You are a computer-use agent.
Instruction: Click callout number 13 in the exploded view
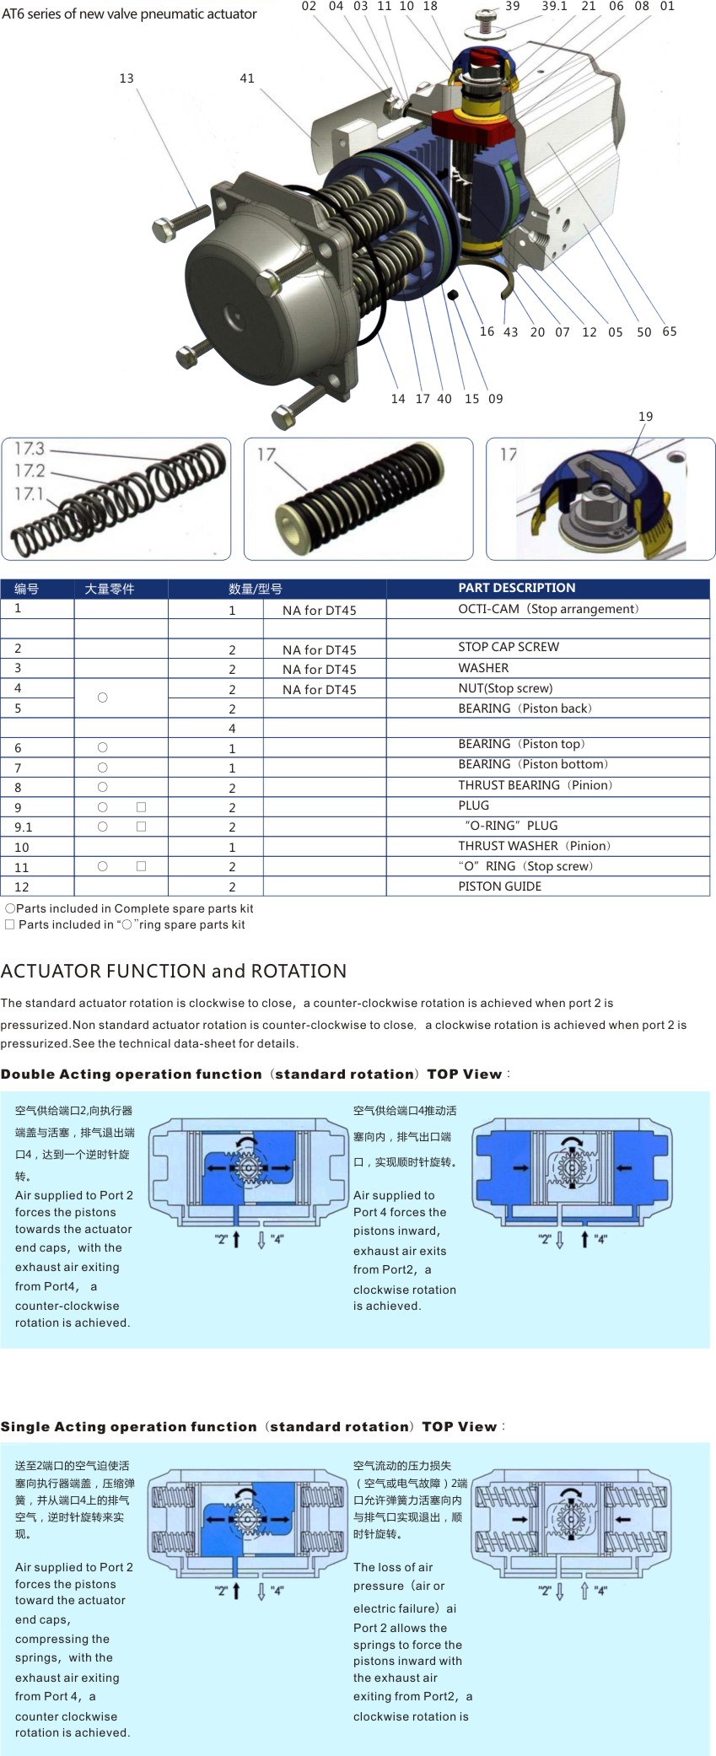point(127,78)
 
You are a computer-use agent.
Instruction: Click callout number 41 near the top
point(247,78)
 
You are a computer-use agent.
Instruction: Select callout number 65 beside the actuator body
point(670,331)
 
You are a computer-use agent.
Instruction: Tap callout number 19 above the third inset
point(645,417)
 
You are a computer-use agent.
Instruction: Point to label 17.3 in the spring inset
point(30,449)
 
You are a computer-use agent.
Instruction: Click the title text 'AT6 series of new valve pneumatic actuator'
point(129,13)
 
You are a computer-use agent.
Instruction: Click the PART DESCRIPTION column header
point(516,588)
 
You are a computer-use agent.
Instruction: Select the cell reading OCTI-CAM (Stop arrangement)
point(548,609)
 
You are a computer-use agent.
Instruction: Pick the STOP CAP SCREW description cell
point(509,647)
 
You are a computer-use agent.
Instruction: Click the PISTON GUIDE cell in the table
point(500,886)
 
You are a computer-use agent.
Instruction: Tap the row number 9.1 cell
point(24,827)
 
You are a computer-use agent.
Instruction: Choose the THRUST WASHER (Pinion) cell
point(535,846)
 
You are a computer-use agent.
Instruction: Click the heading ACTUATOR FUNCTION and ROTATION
point(174,971)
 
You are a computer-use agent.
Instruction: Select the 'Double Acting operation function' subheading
point(131,1075)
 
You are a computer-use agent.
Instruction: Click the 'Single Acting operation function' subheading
point(128,1427)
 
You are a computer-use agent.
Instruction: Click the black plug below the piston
point(452,294)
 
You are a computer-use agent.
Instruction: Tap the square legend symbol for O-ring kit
point(10,924)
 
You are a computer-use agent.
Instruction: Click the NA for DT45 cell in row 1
point(319,610)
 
